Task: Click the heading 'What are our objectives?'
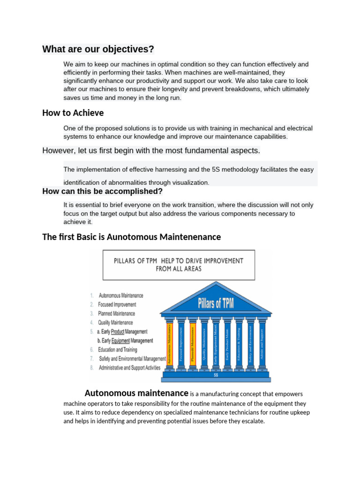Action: point(98,49)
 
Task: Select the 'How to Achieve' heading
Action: point(73,113)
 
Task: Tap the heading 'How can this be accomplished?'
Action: point(102,191)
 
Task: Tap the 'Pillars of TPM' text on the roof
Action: point(215,303)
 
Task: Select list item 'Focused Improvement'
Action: point(117,305)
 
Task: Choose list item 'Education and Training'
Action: point(117,350)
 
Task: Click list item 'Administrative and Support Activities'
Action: point(129,368)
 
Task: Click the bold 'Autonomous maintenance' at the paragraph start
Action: point(136,393)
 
